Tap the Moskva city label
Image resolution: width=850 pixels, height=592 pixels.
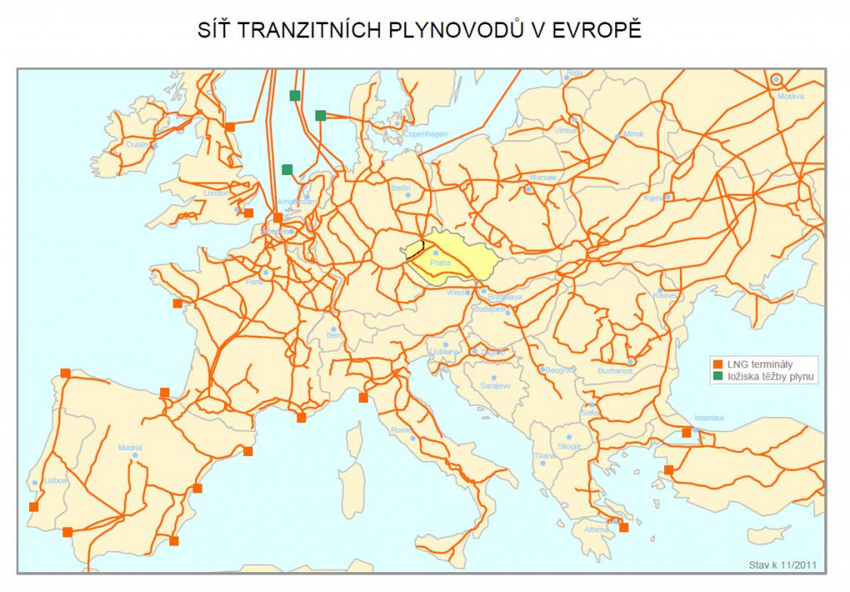(791, 96)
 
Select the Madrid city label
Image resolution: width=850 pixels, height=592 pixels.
(129, 448)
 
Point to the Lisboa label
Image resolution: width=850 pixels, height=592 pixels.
(56, 480)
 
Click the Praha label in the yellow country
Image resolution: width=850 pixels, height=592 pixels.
(440, 263)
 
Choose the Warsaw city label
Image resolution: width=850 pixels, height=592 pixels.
(543, 177)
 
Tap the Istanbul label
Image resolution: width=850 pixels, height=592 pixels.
(710, 418)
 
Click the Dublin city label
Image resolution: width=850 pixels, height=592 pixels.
(137, 144)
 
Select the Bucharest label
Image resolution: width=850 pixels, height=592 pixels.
(614, 371)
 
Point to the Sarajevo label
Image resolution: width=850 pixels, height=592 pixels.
(496, 386)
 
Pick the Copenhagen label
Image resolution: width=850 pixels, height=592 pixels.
(425, 133)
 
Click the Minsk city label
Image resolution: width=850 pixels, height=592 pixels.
(633, 133)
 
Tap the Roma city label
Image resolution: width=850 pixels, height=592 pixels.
(401, 429)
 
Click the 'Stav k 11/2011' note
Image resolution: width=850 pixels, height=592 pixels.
(783, 565)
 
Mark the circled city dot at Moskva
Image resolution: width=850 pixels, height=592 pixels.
(776, 80)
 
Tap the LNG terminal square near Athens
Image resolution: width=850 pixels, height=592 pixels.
(623, 527)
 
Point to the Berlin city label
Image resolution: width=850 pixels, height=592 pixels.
(400, 188)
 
